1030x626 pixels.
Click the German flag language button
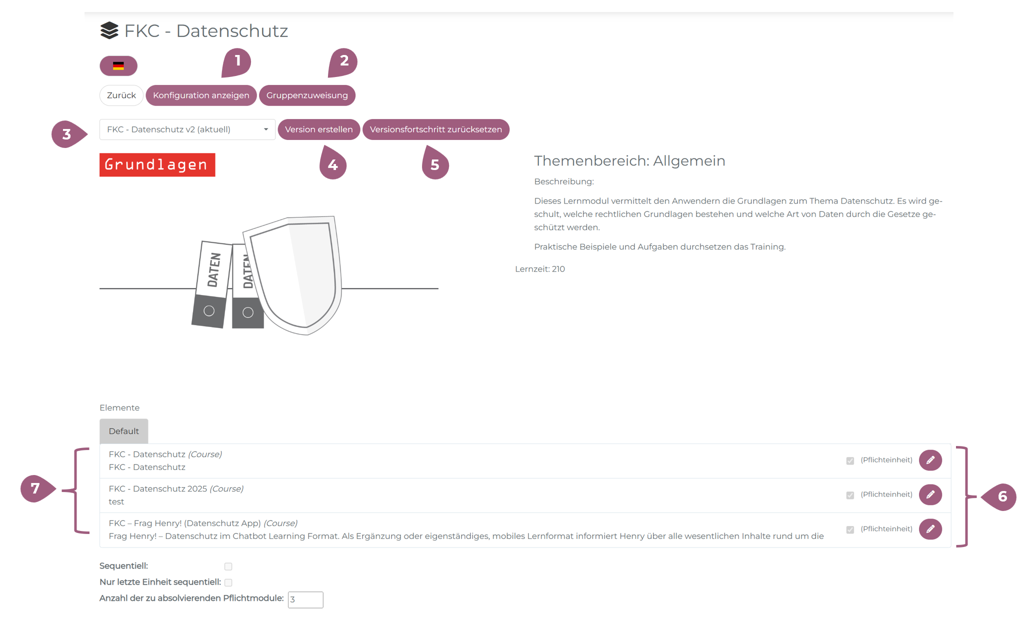click(x=118, y=66)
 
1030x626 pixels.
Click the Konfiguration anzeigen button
click(x=201, y=95)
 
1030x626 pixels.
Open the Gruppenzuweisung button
click(x=307, y=95)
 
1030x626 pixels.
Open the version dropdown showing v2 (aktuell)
click(x=187, y=129)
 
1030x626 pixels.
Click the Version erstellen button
click(x=319, y=129)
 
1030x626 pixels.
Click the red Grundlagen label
click(x=157, y=165)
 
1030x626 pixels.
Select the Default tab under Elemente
click(x=124, y=431)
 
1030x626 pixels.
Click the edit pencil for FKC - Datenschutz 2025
click(x=930, y=494)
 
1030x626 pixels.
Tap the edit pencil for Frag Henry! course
click(x=930, y=529)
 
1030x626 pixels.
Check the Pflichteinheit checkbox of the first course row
click(x=850, y=460)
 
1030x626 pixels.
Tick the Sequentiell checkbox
click(x=228, y=566)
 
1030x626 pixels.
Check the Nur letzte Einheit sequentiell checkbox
click(x=228, y=582)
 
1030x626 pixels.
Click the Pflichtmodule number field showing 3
click(x=305, y=599)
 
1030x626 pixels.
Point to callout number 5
click(x=435, y=163)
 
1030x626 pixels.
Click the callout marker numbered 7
click(x=37, y=488)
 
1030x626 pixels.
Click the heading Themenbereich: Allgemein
click(x=629, y=161)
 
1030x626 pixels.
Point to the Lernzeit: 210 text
click(x=540, y=269)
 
